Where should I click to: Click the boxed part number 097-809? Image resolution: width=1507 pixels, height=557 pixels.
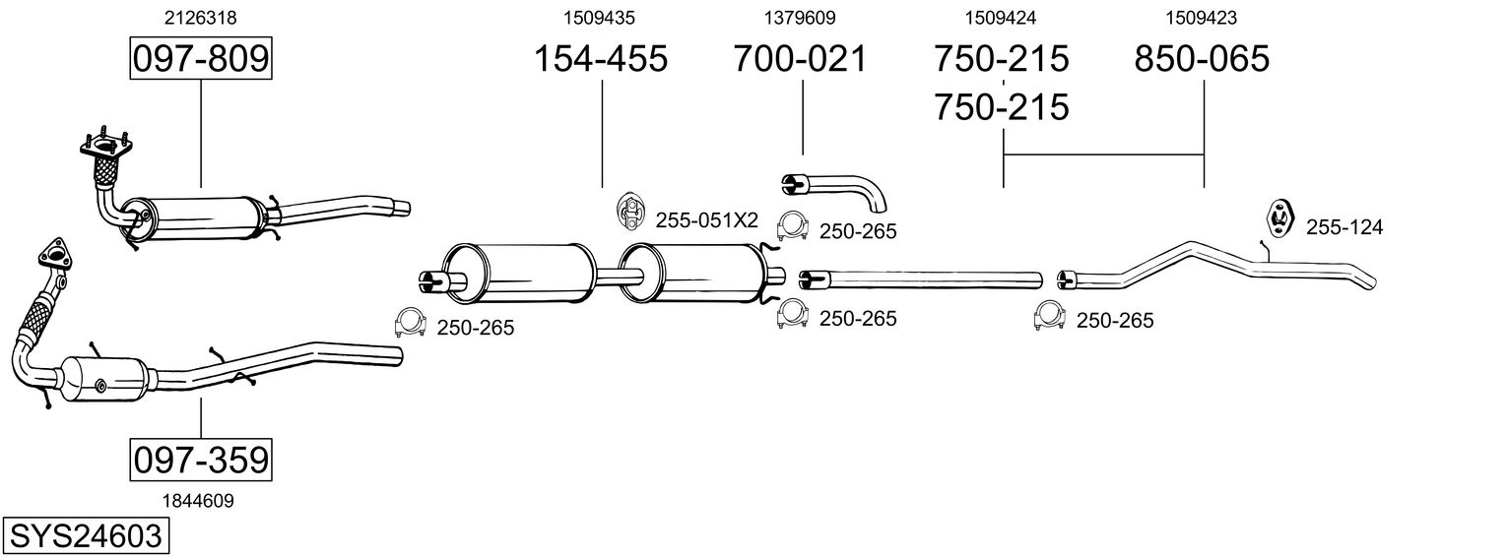pyautogui.click(x=200, y=59)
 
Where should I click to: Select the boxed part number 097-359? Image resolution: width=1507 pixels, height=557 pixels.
pyautogui.click(x=200, y=460)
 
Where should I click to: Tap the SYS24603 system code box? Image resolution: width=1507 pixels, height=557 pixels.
pyautogui.click(x=85, y=536)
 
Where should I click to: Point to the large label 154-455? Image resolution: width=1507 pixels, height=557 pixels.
pyautogui.click(x=601, y=59)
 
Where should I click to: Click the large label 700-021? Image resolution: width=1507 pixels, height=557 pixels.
pyautogui.click(x=800, y=59)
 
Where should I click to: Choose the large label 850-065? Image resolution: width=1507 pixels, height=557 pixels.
pyautogui.click(x=1202, y=59)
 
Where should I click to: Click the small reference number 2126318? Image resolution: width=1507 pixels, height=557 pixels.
pyautogui.click(x=200, y=17)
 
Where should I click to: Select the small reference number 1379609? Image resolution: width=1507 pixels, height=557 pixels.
pyautogui.click(x=800, y=17)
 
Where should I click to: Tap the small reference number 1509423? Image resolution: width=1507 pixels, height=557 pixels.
pyautogui.click(x=1202, y=17)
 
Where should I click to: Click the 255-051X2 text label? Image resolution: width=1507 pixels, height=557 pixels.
pyautogui.click(x=707, y=220)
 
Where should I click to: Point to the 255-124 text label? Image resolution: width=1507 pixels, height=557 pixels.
pyautogui.click(x=1344, y=227)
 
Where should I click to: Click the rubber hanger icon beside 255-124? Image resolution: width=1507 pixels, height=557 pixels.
pyautogui.click(x=1279, y=217)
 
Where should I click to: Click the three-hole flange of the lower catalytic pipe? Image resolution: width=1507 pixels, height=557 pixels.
pyautogui.click(x=55, y=253)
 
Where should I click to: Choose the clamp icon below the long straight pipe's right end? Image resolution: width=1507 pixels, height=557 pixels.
pyautogui.click(x=1050, y=316)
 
